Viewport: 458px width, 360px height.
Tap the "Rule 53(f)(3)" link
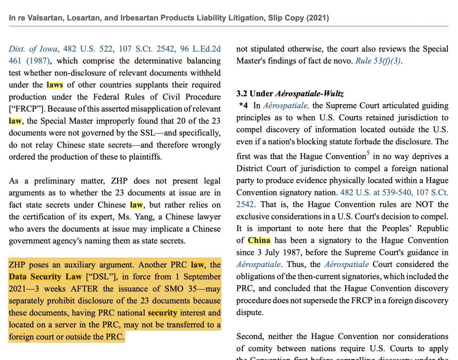(x=378, y=61)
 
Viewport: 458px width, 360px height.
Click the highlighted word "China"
(x=259, y=240)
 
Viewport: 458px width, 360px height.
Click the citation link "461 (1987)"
(x=29, y=61)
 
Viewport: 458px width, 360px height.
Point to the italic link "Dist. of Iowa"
(x=33, y=49)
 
